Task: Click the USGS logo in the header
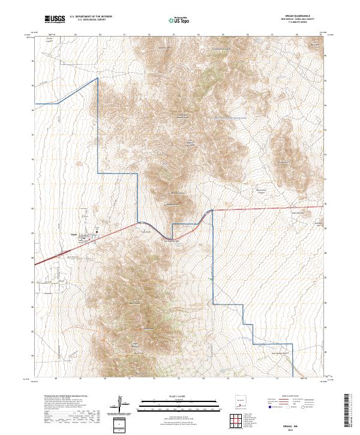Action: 55,20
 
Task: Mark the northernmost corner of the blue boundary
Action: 98,78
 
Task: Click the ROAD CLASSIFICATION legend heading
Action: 289,397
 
